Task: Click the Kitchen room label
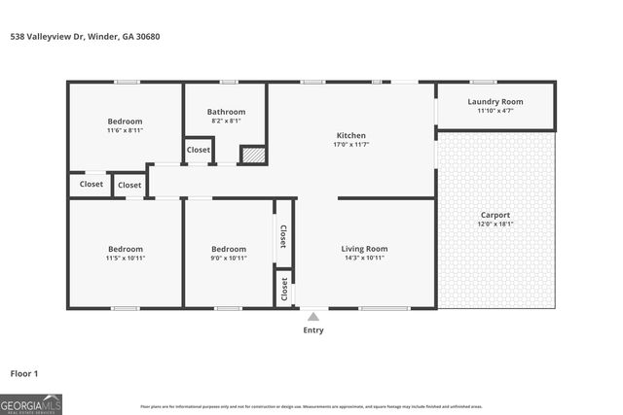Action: [x=350, y=135]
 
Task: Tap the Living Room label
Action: [x=364, y=249]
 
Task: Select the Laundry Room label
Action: [x=495, y=101]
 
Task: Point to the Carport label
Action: [x=495, y=215]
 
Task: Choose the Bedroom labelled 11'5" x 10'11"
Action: [x=125, y=249]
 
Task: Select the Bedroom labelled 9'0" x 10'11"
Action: [x=229, y=249]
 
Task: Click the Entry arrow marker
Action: [x=312, y=315]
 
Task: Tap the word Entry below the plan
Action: [x=312, y=330]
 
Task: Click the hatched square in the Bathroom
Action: [x=253, y=154]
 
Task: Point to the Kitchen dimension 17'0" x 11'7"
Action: [x=350, y=145]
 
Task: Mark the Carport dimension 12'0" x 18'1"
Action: [x=495, y=225]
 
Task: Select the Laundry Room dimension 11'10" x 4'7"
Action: [x=495, y=111]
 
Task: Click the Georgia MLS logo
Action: [x=31, y=402]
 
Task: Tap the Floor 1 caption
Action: [x=25, y=373]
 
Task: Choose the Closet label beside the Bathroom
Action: [x=199, y=150]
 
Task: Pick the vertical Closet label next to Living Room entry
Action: [x=284, y=288]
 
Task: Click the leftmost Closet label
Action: [x=92, y=184]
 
